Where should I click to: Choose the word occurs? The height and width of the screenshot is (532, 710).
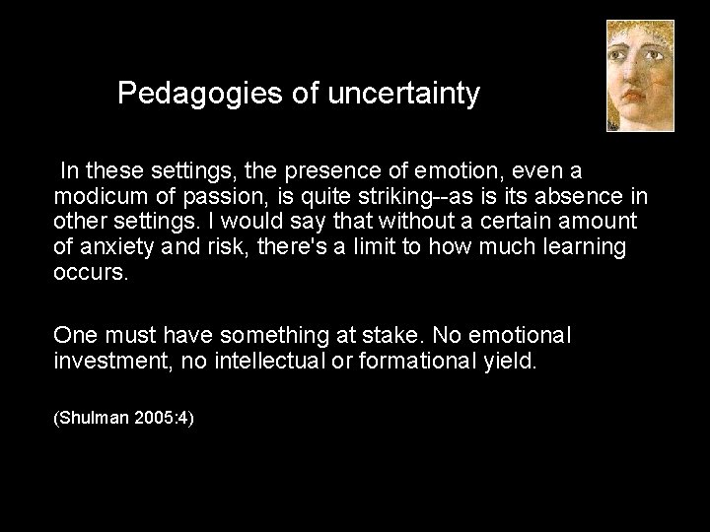pyautogui.click(x=90, y=271)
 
